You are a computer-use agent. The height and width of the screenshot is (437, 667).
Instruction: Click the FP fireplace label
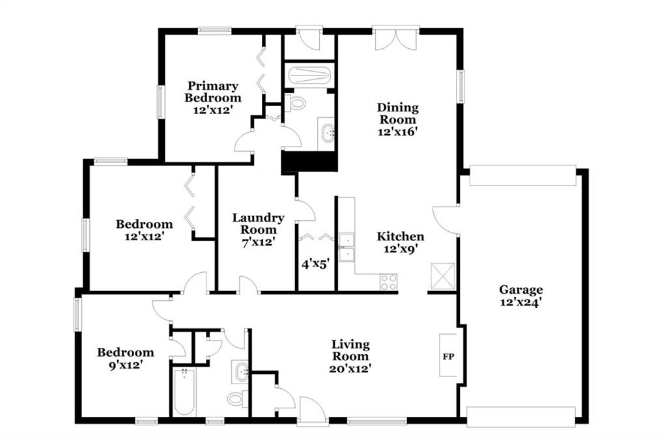[x=448, y=357]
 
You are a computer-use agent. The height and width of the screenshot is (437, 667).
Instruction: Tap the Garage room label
[x=520, y=290]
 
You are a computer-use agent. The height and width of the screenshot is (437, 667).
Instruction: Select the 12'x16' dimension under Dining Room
[x=398, y=132]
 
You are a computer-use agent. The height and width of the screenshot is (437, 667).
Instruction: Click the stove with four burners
[x=388, y=282]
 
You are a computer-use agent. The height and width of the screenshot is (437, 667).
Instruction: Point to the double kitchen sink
[x=347, y=247]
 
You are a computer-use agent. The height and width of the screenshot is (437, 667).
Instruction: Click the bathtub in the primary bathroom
[x=309, y=76]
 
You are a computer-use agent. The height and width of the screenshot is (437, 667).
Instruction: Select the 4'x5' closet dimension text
[x=316, y=264]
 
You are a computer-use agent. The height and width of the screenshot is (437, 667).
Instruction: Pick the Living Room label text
[x=350, y=350]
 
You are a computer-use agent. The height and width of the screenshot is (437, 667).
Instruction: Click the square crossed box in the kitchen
[x=443, y=276]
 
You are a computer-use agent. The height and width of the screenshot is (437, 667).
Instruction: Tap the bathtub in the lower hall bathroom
[x=184, y=392]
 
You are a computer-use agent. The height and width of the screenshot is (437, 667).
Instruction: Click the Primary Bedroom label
[x=213, y=92]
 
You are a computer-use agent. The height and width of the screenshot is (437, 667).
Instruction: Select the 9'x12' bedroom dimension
[x=126, y=365]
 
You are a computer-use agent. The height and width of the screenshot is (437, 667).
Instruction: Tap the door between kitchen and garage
[x=446, y=219]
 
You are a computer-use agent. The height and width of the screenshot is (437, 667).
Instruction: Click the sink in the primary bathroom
[x=328, y=134]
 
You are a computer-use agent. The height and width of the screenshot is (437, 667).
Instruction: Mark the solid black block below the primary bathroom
[x=309, y=162]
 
